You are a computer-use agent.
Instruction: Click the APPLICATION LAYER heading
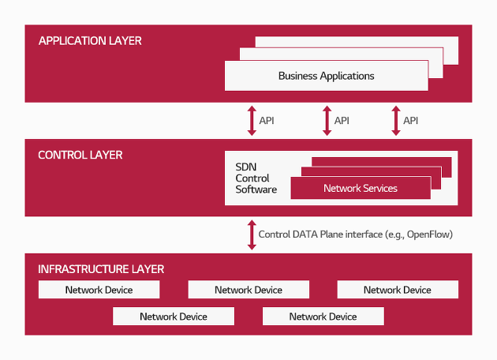point(90,41)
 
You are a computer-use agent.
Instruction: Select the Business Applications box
point(327,76)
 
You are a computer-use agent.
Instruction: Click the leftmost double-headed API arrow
point(252,121)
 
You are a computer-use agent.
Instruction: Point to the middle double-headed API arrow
point(327,121)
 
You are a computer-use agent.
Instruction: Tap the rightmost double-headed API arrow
point(396,121)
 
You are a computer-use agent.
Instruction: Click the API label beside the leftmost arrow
point(267,121)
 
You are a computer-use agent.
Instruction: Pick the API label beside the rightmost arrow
point(411,121)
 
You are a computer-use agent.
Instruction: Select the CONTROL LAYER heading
point(80,155)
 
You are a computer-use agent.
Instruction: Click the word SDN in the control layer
point(246,167)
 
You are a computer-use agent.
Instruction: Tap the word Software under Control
point(256,189)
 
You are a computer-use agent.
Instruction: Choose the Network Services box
point(361,188)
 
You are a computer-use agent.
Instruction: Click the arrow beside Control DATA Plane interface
point(252,235)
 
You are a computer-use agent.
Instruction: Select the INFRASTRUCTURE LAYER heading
point(101,269)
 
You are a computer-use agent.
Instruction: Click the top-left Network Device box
point(99,290)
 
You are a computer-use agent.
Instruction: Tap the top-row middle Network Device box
point(248,290)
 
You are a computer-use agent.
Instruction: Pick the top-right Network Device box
point(398,290)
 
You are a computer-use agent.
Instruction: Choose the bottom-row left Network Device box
point(174,317)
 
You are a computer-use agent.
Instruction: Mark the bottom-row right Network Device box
point(323,317)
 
